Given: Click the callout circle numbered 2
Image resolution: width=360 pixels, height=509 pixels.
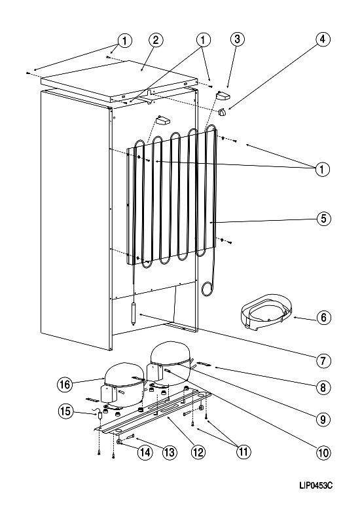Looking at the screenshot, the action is point(156,40).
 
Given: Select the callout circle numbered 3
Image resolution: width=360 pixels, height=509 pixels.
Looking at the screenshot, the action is point(238,39).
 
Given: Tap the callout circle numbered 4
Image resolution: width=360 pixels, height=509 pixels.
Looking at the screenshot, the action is point(323,39).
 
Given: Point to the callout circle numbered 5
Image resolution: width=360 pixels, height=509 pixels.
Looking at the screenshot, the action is point(324,218).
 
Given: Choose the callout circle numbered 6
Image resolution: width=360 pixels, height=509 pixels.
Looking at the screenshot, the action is point(324,317).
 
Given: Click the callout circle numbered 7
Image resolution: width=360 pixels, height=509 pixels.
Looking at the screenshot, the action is point(323,361).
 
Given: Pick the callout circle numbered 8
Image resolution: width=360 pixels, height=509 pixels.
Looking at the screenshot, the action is point(323,387).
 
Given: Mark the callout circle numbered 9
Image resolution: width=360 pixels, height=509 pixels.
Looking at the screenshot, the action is point(323,419).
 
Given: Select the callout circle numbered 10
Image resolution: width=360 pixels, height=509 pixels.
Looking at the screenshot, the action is point(323,452).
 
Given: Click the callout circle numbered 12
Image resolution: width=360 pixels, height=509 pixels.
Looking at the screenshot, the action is point(198,452).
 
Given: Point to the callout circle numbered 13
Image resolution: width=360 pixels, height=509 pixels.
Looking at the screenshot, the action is point(170,452).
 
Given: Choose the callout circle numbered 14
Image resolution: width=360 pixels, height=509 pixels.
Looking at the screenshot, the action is point(145,452).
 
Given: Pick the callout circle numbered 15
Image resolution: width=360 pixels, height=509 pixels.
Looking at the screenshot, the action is point(65,411).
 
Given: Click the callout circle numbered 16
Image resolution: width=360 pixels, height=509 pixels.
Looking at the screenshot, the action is point(65,385).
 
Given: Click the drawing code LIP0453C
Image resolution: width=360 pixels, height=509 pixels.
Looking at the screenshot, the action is point(316,485).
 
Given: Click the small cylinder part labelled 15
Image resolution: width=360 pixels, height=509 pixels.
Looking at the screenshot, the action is point(100,415).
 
